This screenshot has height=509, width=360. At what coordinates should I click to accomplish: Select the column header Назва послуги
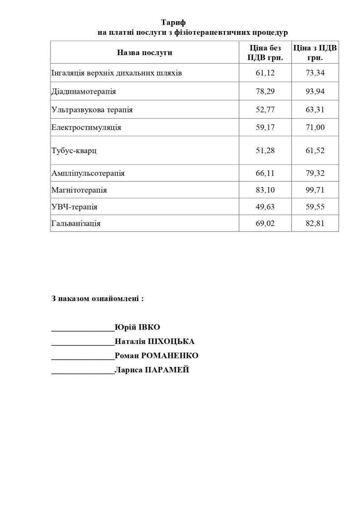point(144,53)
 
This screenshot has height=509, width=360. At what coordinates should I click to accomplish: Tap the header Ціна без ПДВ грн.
point(265,53)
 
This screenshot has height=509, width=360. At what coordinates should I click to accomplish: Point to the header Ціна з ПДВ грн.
point(315,53)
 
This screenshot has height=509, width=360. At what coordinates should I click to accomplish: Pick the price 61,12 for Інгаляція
point(265,73)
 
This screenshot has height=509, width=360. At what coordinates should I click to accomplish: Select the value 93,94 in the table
point(315,91)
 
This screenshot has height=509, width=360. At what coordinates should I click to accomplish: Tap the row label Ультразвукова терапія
point(92,110)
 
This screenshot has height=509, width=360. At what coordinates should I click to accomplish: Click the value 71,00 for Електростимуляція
point(315,127)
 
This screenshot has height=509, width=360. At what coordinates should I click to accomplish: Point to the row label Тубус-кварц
point(74,151)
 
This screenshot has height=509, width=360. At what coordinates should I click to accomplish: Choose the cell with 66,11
point(265,173)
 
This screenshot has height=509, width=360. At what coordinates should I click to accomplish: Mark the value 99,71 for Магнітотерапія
point(315,190)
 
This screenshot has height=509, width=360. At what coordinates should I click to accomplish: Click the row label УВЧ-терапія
point(74,207)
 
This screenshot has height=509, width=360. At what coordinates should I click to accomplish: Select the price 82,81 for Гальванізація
point(315,223)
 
